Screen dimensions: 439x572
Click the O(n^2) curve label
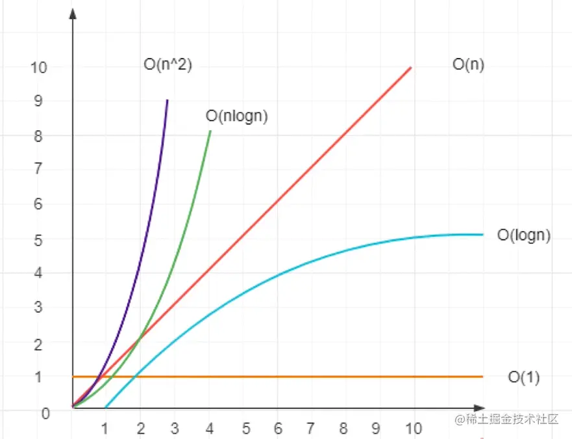click(168, 65)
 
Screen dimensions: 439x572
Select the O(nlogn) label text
click(237, 116)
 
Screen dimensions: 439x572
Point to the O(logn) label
click(524, 235)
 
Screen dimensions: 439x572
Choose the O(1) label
click(524, 377)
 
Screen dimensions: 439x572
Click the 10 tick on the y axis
click(39, 66)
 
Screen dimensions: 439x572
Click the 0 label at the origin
click(45, 413)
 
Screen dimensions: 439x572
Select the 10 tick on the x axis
click(413, 429)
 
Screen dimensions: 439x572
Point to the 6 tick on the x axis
click(278, 429)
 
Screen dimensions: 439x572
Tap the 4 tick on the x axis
click(209, 429)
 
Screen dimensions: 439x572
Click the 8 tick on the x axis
click(344, 429)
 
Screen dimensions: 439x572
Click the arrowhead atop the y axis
click(73, 13)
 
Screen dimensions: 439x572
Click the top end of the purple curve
click(168, 100)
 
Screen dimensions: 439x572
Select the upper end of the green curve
click(210, 131)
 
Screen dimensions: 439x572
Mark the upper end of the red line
click(411, 67)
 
